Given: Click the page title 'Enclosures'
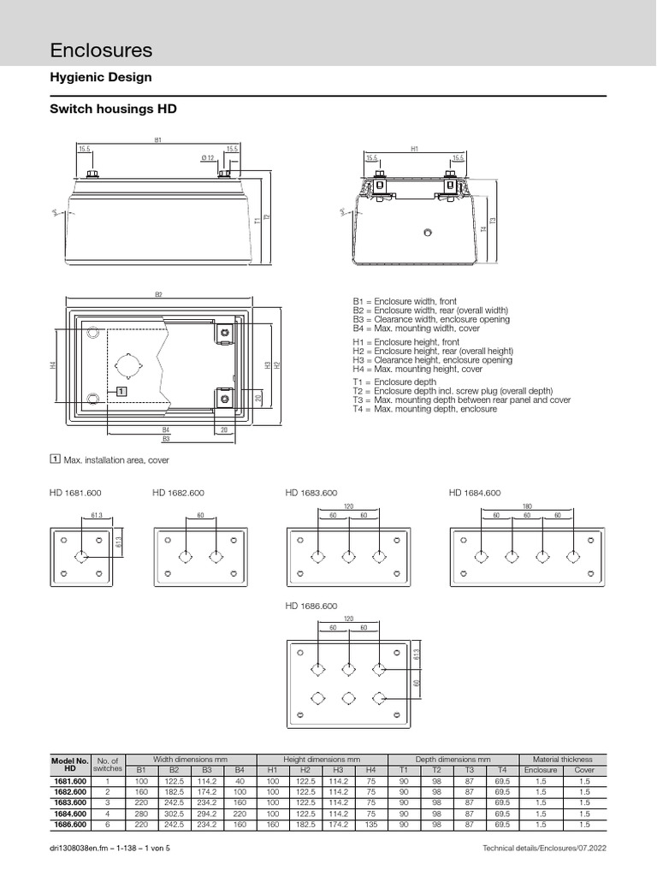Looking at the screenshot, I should (102, 50).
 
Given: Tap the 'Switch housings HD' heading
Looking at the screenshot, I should (115, 110).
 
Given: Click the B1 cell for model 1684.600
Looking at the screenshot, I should (141, 814).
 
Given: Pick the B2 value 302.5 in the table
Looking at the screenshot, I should (174, 814).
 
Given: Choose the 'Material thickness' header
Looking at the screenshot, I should (563, 760).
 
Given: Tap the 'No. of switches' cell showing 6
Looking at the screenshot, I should (108, 825).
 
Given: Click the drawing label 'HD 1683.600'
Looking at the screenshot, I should (311, 494).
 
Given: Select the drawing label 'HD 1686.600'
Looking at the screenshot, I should (311, 607).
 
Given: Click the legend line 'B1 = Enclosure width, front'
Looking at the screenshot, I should (405, 302).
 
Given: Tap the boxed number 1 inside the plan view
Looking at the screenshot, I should (121, 390).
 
